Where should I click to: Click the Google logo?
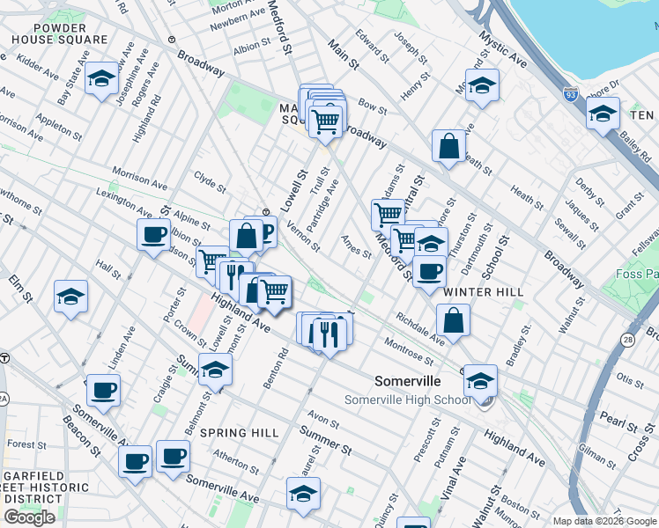pyautogui.click(x=30, y=517)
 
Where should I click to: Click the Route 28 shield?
pyautogui.click(x=626, y=340)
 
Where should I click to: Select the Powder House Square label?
pyautogui.click(x=60, y=33)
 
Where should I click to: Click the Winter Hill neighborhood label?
pyautogui.click(x=484, y=291)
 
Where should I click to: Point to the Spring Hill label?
pyautogui.click(x=239, y=433)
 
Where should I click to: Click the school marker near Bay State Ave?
pyautogui.click(x=102, y=80)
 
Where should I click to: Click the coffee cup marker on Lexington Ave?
pyautogui.click(x=154, y=234)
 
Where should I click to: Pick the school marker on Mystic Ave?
pyautogui.click(x=482, y=86)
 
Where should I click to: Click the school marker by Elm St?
pyautogui.click(x=70, y=297)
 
